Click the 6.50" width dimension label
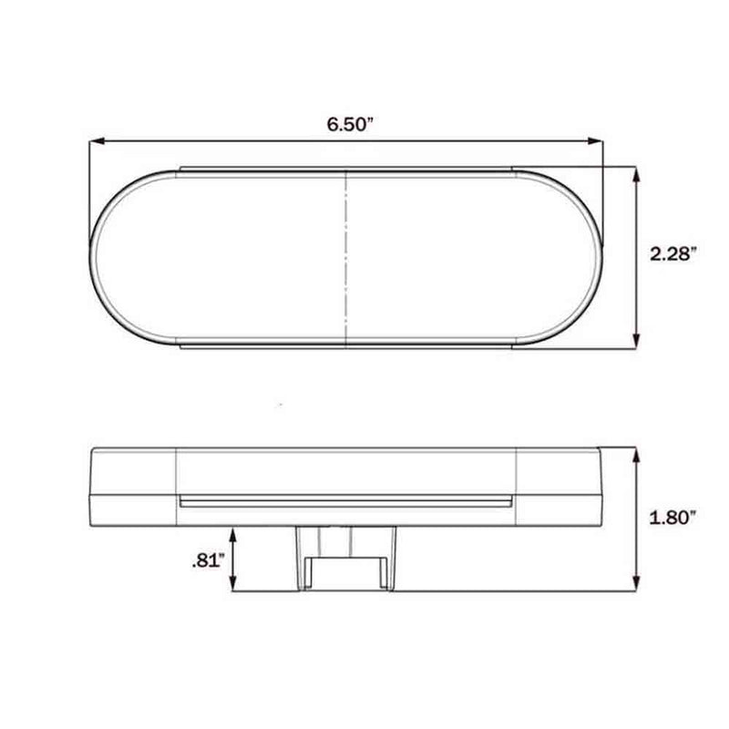coord(351,125)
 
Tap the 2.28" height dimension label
coord(673,254)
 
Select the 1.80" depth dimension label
coord(673,519)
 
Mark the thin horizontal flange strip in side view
coord(346,502)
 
